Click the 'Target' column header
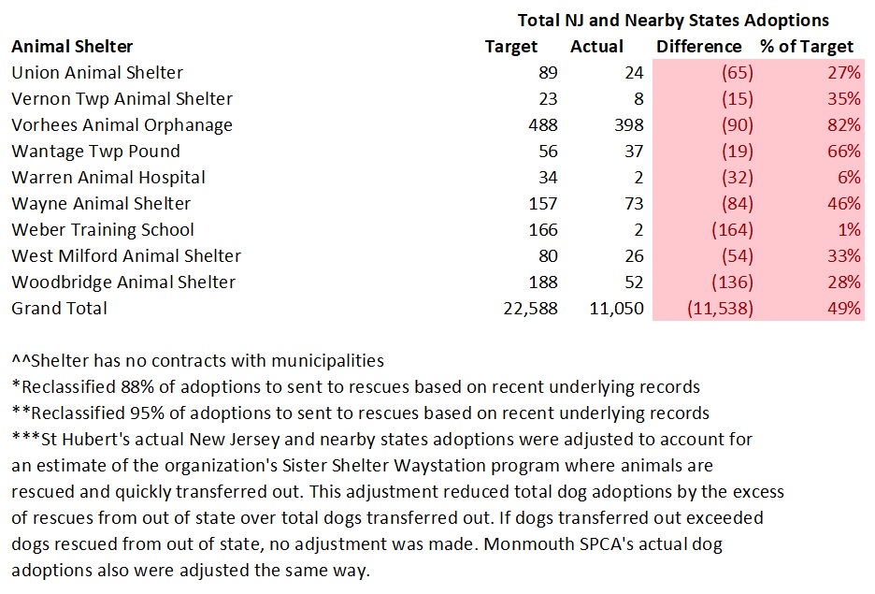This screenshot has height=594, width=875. (x=511, y=47)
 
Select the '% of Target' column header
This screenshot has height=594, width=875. (x=807, y=47)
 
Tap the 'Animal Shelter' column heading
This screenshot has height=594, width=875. (x=72, y=47)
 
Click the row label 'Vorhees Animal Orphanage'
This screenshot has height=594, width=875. (x=122, y=125)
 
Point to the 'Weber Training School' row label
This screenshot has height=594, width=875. (x=103, y=230)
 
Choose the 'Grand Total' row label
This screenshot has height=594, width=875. (x=59, y=309)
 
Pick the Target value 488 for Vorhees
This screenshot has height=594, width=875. (x=542, y=125)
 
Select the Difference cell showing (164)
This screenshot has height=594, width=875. (x=733, y=230)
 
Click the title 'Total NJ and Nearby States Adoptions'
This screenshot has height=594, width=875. (x=673, y=20)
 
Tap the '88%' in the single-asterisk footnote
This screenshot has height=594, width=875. (x=123, y=387)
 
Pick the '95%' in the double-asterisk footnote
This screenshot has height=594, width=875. (x=131, y=413)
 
